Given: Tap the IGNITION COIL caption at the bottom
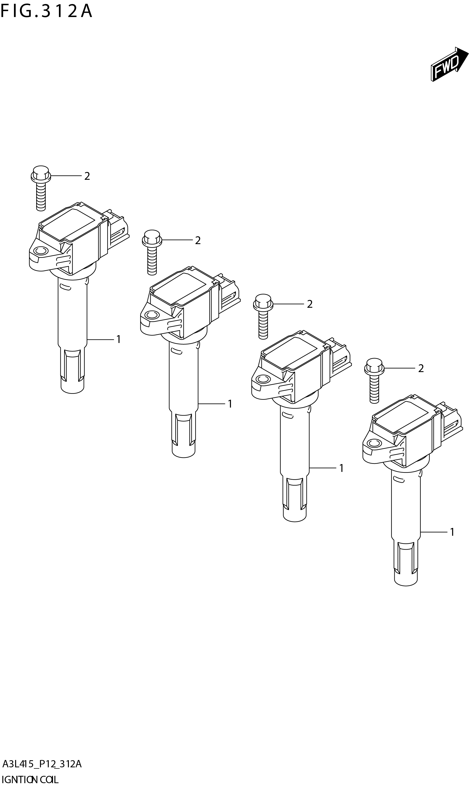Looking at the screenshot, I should pyautogui.click(x=30, y=779).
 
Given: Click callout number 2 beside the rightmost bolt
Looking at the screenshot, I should pyautogui.click(x=421, y=368).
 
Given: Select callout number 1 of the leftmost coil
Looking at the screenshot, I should pyautogui.click(x=118, y=340).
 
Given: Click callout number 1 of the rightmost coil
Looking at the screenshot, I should pyautogui.click(x=452, y=532).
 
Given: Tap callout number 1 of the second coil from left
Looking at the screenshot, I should pyautogui.click(x=230, y=404).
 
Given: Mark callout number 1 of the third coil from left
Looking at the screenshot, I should pyautogui.click(x=341, y=468).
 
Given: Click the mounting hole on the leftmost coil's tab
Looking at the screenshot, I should pyautogui.click(x=40, y=251).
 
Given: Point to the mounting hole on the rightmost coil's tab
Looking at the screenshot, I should pyautogui.click(x=374, y=443).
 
